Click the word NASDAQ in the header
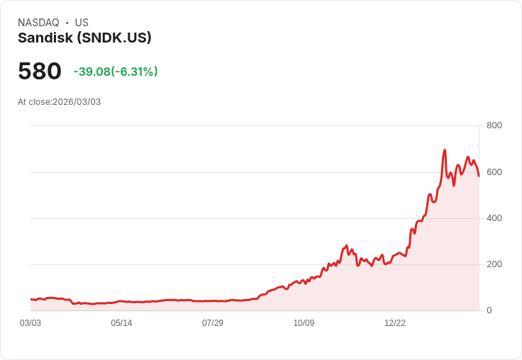(x=38, y=23)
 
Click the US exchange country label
(x=82, y=23)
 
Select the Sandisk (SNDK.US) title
(x=84, y=38)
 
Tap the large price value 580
(x=40, y=72)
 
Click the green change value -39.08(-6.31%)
(x=116, y=72)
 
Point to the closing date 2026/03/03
(x=77, y=102)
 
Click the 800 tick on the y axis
(x=494, y=125)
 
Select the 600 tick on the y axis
(x=494, y=171)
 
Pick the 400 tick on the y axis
(x=494, y=218)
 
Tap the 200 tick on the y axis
(x=494, y=264)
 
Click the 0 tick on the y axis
(x=489, y=310)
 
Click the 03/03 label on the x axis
(x=30, y=323)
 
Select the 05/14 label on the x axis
(x=121, y=323)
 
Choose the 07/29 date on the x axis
(x=213, y=323)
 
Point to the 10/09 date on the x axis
(x=304, y=323)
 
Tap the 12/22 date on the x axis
(x=395, y=323)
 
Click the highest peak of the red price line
(x=445, y=150)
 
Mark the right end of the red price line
(x=479, y=176)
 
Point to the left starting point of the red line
(x=31, y=300)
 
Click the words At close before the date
(x=34, y=102)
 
